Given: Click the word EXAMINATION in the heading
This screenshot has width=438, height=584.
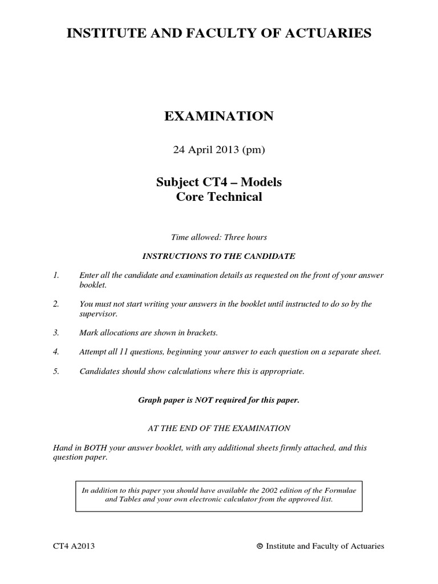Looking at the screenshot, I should [219, 117].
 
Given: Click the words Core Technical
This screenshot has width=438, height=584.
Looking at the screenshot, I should [219, 197].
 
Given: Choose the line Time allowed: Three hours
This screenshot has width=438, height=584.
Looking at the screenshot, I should [219, 237].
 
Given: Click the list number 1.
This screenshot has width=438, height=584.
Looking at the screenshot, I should [55, 275].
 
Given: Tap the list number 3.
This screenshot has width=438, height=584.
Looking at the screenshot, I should [55, 332].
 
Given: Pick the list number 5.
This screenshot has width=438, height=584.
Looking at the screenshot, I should [55, 372].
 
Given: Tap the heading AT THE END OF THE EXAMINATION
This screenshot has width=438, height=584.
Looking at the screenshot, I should [219, 428].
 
